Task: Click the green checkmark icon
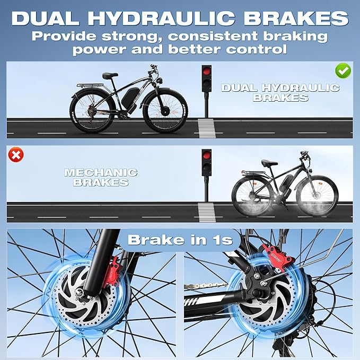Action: (343, 71)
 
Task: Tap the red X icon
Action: (17, 155)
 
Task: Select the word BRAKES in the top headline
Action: (295, 17)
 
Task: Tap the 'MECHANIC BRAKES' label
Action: (101, 178)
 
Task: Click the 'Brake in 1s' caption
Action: (180, 240)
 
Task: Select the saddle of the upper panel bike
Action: (110, 76)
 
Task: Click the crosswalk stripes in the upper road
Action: (206, 128)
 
